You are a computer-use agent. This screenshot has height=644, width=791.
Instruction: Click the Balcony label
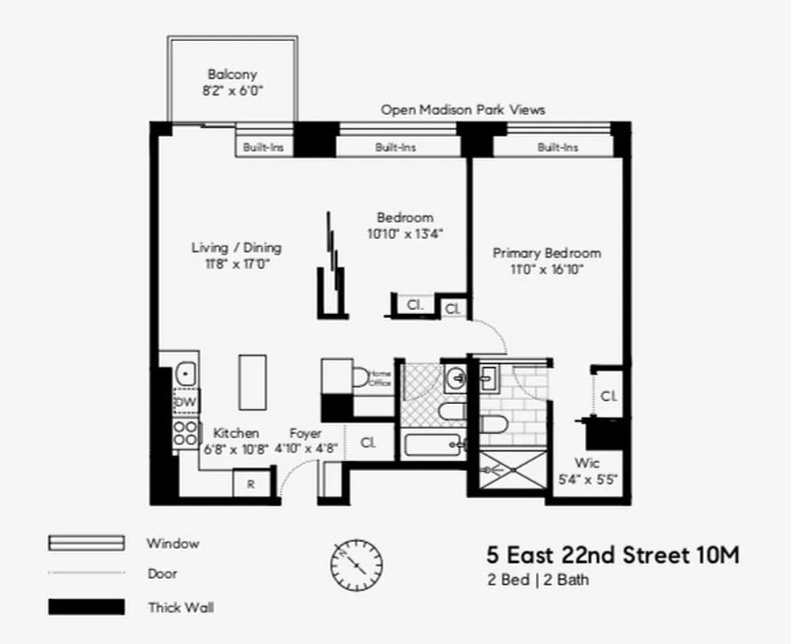tap(232, 74)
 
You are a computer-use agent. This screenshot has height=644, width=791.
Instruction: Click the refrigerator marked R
tap(251, 485)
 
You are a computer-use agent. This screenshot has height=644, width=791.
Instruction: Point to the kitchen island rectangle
tap(252, 382)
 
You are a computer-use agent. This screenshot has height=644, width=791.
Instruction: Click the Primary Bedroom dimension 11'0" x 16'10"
tap(546, 270)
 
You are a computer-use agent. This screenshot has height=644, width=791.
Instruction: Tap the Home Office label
tap(380, 378)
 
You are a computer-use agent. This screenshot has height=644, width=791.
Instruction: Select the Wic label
tap(587, 463)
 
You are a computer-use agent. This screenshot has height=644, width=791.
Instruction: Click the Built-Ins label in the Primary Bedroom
tap(558, 147)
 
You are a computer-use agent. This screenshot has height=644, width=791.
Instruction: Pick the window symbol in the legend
tap(86, 543)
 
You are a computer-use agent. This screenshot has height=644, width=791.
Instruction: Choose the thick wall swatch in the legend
tap(86, 607)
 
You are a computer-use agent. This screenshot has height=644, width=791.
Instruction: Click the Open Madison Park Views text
tap(463, 109)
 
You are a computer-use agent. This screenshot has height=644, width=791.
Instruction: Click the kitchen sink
tap(187, 374)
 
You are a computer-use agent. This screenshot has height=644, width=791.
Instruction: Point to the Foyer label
tap(306, 433)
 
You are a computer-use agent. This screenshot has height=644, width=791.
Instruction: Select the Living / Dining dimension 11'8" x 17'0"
tap(236, 264)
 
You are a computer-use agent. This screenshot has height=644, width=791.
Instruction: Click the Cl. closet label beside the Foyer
tap(369, 442)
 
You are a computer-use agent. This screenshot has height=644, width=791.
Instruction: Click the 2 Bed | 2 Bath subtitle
tap(537, 580)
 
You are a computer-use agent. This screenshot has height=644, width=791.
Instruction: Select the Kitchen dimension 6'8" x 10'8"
tap(235, 449)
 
